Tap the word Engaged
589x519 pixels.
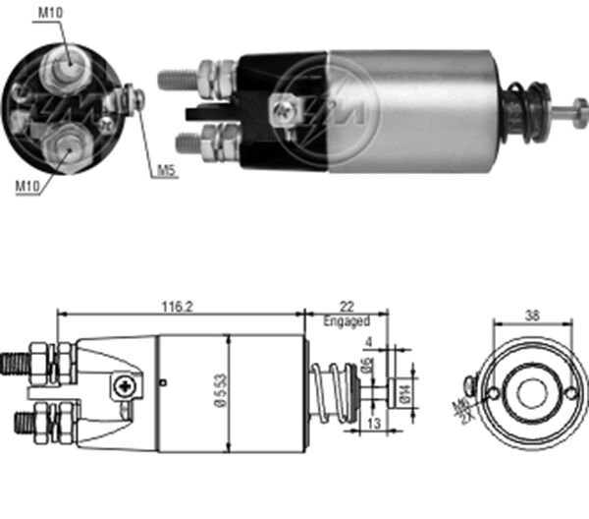[x=348, y=321]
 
